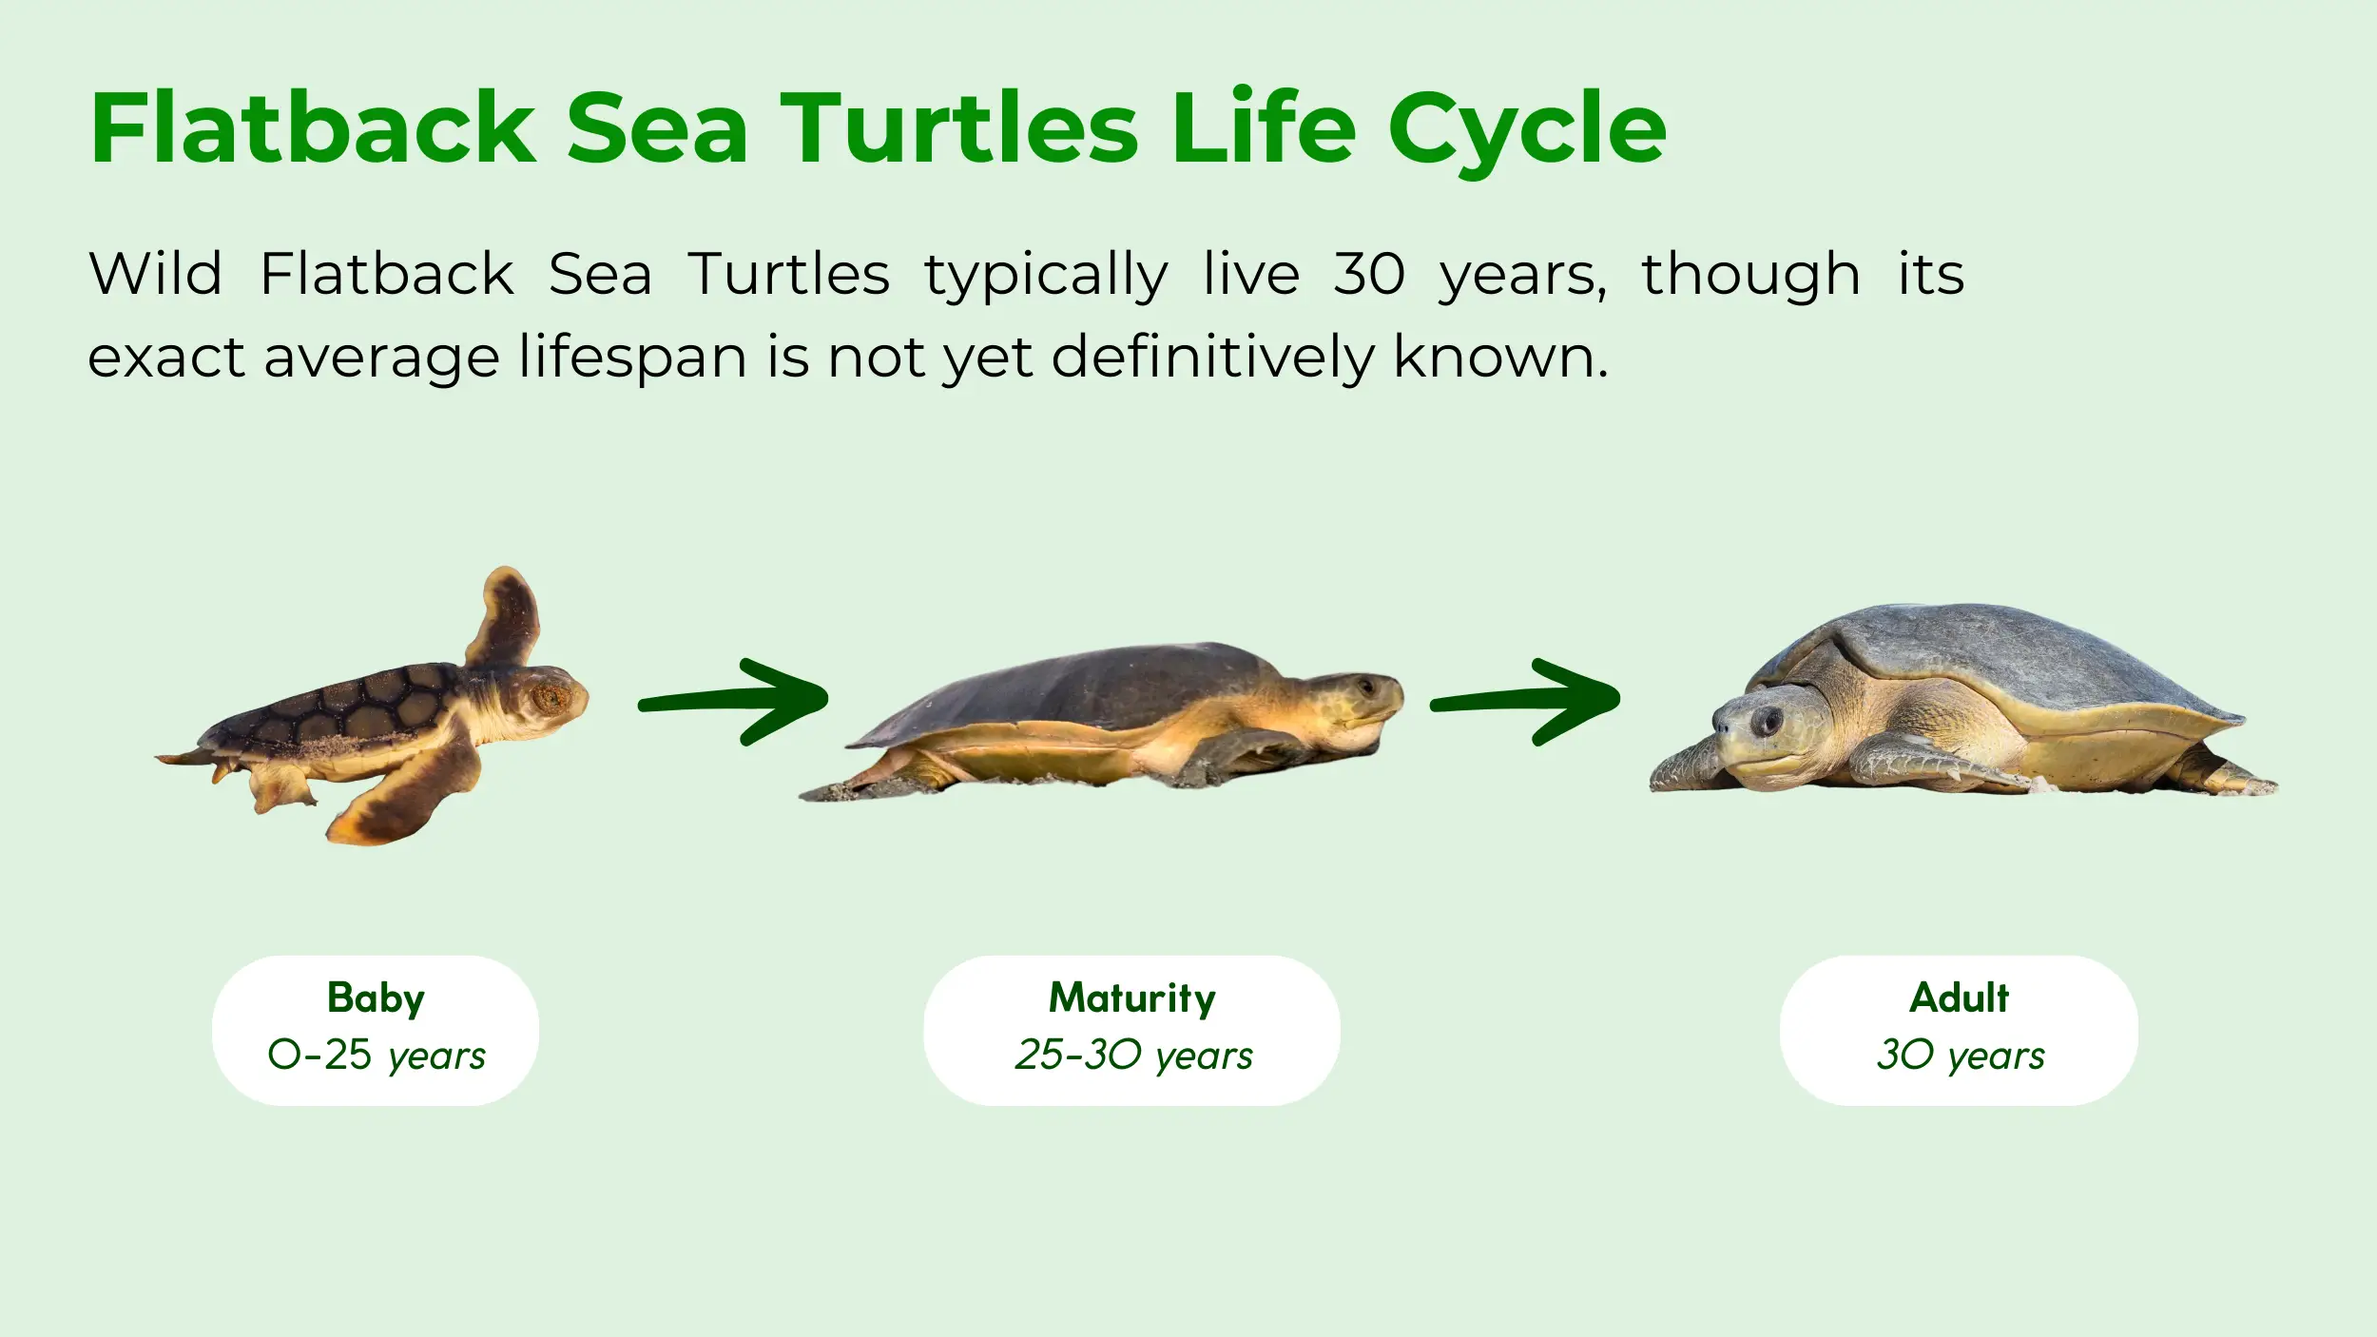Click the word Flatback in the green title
click(x=314, y=128)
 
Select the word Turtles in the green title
click(x=959, y=128)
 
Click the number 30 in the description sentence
click(x=1369, y=274)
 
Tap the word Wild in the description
click(x=156, y=274)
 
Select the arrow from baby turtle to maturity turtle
click(x=733, y=702)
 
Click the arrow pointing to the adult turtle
click(x=1525, y=702)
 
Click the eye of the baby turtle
click(x=551, y=697)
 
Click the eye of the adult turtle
click(x=1766, y=720)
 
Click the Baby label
click(x=376, y=999)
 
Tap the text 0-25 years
click(x=377, y=1056)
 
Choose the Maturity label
click(x=1131, y=999)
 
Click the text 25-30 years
click(x=1133, y=1056)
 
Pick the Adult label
click(x=1959, y=998)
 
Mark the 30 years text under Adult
click(x=1960, y=1056)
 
